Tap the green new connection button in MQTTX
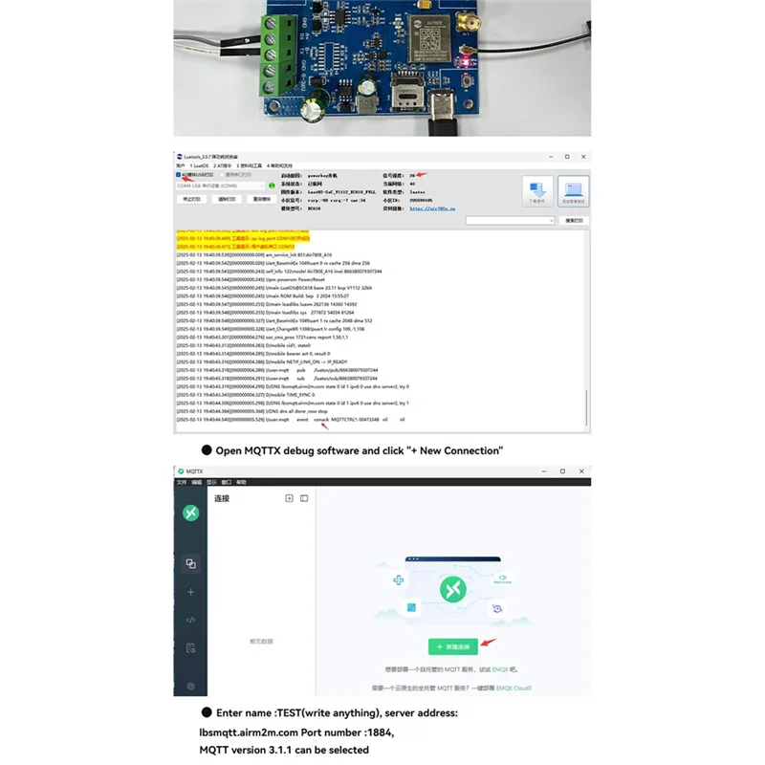coord(452,646)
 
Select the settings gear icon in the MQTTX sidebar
coord(191,686)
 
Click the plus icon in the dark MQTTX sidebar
coord(191,592)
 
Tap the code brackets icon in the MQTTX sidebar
coord(191,620)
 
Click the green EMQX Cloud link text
coord(514,688)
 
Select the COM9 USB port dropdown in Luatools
coord(219,186)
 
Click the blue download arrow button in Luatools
coord(536,188)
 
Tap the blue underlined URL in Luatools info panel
coord(434,208)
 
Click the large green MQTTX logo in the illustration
coord(451,590)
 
